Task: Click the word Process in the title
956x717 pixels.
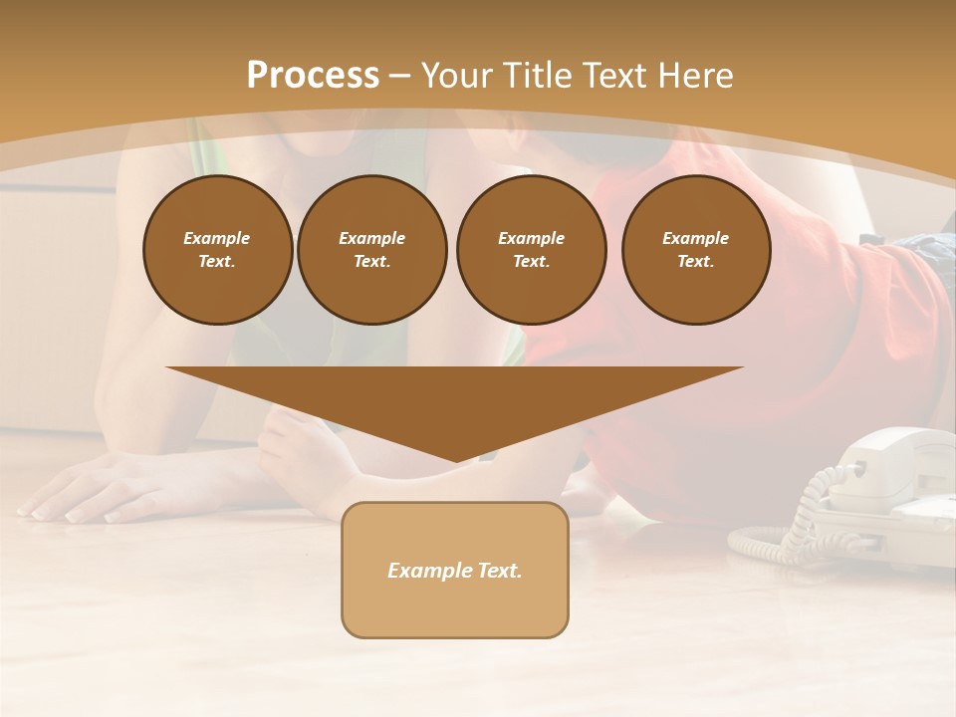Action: [313, 76]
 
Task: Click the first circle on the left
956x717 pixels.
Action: [217, 250]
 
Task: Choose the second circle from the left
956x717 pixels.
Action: [371, 250]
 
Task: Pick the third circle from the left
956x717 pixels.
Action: [531, 250]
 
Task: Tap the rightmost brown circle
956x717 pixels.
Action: [695, 250]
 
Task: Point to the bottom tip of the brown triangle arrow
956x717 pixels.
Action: [455, 460]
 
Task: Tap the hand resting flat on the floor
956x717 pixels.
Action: [90, 488]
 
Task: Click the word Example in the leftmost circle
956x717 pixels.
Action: [217, 238]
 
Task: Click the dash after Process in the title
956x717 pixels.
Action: [400, 76]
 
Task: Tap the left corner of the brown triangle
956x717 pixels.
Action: [169, 368]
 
